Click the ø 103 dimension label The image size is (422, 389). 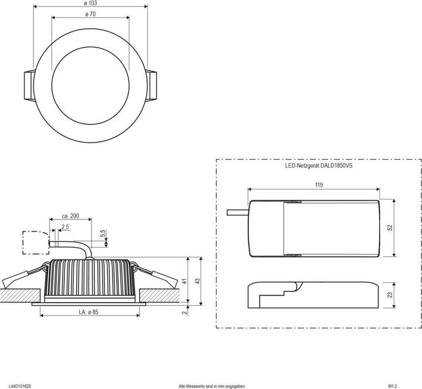pyautogui.click(x=90, y=4)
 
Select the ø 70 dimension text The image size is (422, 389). pyautogui.click(x=90, y=14)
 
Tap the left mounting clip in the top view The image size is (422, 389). pyautogui.click(x=29, y=86)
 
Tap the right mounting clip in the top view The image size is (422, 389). pyautogui.click(x=151, y=86)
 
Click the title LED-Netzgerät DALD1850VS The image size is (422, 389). pyautogui.click(x=319, y=165)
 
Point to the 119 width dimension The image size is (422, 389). pyautogui.click(x=319, y=185)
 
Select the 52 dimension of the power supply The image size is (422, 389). pyautogui.click(x=390, y=228)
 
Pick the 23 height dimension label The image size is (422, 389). pyautogui.click(x=390, y=295)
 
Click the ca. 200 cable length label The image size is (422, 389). pyautogui.click(x=70, y=216)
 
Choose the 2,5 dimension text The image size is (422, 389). pyautogui.click(x=65, y=227)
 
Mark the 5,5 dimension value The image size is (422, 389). pyautogui.click(x=103, y=234)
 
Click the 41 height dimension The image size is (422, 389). pyautogui.click(x=184, y=281)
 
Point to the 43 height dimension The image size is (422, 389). pyautogui.click(x=198, y=281)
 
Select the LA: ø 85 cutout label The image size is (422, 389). pyautogui.click(x=89, y=312)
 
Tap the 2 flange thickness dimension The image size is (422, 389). pyautogui.click(x=185, y=313)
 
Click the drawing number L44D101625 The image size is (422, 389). pyautogui.click(x=20, y=386)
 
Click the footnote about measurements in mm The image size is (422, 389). pyautogui.click(x=212, y=386)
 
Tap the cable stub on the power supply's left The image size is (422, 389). pyautogui.click(x=237, y=212)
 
